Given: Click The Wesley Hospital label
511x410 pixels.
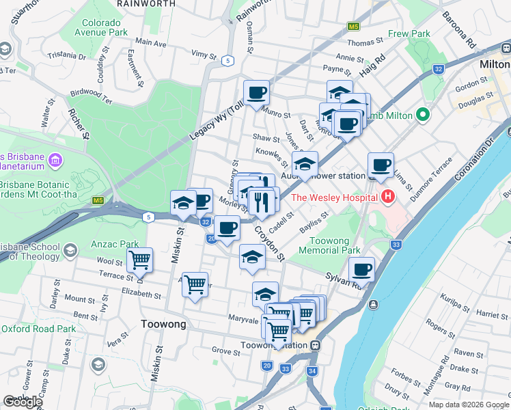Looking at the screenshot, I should pyautogui.click(x=335, y=197).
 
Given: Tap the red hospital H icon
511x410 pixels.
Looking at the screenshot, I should pyautogui.click(x=388, y=197).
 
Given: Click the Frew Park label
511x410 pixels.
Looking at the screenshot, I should pyautogui.click(x=409, y=33).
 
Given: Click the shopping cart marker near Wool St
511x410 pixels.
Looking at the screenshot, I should pyautogui.click(x=139, y=259).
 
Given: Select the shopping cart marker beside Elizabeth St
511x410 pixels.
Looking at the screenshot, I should pyautogui.click(x=195, y=283).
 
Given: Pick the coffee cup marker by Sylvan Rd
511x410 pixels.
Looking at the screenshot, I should pyautogui.click(x=361, y=269).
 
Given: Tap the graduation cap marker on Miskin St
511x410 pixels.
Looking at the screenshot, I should pyautogui.click(x=182, y=202).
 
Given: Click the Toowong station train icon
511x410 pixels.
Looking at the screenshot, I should pyautogui.click(x=315, y=345).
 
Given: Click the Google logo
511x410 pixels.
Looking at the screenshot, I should pyautogui.click(x=23, y=402).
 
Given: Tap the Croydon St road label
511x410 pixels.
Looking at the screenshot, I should pyautogui.click(x=269, y=242).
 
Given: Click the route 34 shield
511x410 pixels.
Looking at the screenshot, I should pyautogui.click(x=312, y=371).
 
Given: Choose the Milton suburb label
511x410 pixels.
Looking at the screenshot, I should pyautogui.click(x=493, y=63).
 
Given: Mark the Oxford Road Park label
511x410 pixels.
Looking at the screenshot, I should pyautogui.click(x=38, y=329).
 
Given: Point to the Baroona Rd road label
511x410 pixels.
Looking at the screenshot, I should pyautogui.click(x=458, y=29).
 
